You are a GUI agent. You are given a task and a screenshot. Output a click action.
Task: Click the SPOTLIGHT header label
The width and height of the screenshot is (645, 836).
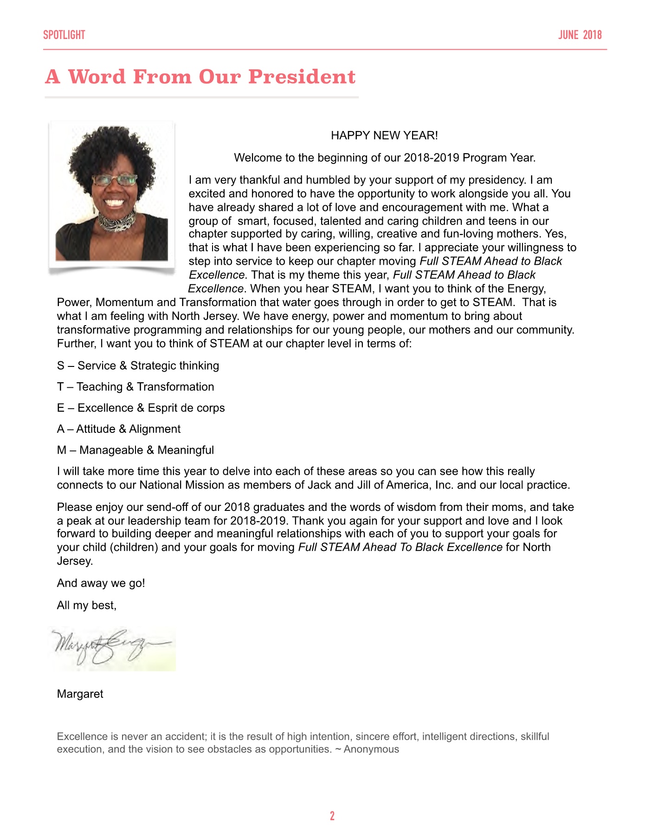click(64, 35)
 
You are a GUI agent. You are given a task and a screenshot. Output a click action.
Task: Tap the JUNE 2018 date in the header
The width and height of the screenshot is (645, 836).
click(580, 35)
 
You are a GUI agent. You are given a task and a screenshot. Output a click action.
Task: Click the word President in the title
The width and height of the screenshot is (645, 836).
click(302, 77)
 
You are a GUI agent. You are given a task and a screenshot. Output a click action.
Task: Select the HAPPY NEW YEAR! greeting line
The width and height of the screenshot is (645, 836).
click(384, 136)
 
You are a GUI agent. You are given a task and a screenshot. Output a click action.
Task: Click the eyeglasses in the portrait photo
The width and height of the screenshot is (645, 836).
click(115, 180)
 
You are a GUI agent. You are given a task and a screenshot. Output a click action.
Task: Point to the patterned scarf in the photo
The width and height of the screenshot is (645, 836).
click(116, 222)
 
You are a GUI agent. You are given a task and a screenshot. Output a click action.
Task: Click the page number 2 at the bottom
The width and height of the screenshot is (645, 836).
click(332, 816)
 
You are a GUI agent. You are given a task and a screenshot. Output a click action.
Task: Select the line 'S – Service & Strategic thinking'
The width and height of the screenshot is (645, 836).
click(138, 366)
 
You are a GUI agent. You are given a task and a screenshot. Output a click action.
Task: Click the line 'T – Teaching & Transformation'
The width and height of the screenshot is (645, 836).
click(135, 387)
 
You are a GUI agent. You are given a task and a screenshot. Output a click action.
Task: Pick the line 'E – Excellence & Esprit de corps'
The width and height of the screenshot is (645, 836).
click(141, 408)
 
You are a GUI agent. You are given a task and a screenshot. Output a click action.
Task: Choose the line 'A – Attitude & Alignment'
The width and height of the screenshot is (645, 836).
click(119, 429)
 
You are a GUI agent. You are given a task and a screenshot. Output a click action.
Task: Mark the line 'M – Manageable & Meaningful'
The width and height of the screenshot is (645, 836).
click(135, 450)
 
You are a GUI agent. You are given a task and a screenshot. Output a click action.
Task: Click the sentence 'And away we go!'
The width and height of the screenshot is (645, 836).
click(101, 583)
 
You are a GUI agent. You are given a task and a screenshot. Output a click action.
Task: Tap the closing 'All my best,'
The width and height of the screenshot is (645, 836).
click(86, 606)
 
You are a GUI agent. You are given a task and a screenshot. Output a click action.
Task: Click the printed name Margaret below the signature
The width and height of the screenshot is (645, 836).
click(80, 694)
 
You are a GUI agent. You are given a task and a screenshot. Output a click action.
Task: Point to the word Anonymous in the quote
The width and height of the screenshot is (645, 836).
click(371, 749)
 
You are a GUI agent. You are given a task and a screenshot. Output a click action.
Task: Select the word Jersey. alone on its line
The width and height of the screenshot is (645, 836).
click(75, 561)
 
